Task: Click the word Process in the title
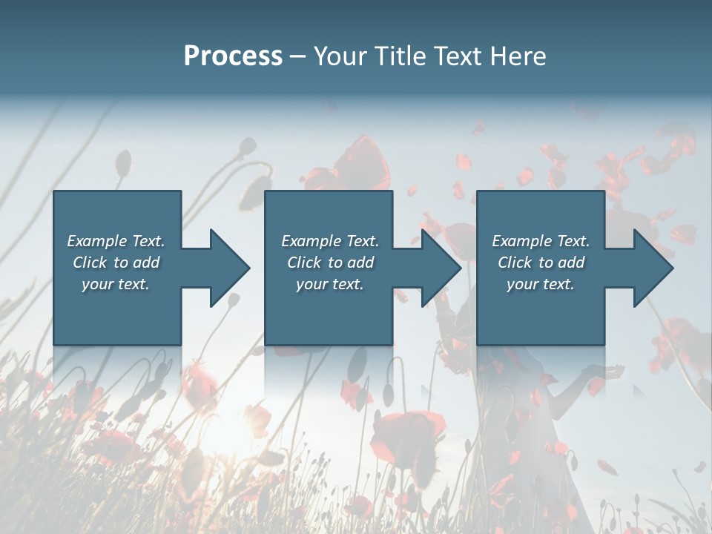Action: click(233, 56)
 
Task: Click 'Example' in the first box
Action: click(97, 241)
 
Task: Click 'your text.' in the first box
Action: click(116, 284)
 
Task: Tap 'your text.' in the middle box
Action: click(329, 284)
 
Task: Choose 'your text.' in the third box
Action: click(541, 284)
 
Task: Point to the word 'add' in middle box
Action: click(360, 263)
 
